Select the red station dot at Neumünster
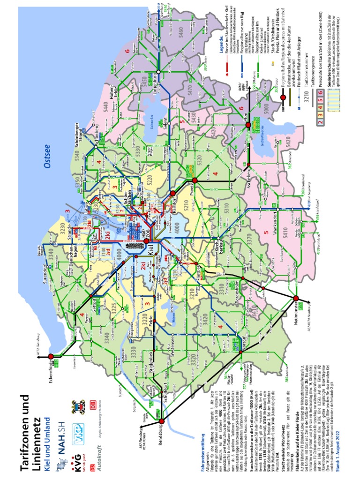click(296, 298)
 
